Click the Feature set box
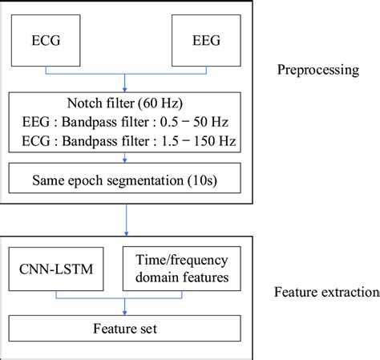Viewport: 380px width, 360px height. [124, 327]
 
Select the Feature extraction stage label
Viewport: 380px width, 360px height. [329, 292]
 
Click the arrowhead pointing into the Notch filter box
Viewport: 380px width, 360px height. [124, 89]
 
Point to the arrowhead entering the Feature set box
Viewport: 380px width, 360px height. [124, 312]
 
